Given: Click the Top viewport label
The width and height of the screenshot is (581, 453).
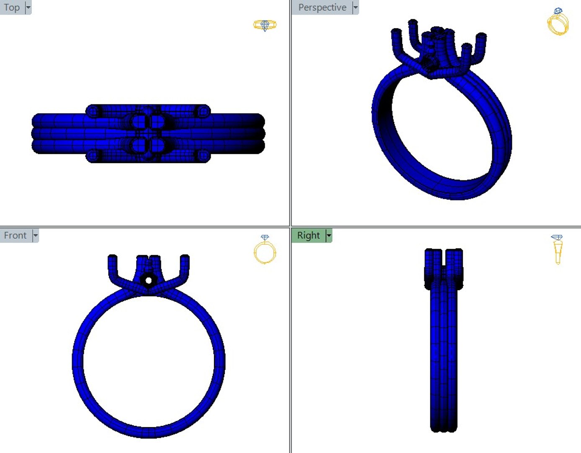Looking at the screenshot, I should click(12, 8).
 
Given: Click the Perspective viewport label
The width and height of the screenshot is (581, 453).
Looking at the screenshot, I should click(322, 8).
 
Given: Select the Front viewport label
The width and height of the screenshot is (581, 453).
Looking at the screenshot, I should click(15, 236).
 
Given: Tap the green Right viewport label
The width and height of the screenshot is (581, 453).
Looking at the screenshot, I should click(308, 236).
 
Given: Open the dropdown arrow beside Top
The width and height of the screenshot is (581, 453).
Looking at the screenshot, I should click(28, 8).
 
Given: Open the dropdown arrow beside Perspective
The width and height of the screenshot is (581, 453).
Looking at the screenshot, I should click(355, 8).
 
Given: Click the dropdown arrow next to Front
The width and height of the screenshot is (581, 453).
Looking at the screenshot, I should click(36, 236).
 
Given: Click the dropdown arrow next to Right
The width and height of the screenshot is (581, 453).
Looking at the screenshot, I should click(329, 236).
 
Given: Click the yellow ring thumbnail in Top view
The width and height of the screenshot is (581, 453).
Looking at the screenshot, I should click(265, 25).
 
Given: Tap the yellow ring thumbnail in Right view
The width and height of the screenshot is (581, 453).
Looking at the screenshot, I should click(558, 250).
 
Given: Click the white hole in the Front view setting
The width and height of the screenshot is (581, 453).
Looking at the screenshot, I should click(148, 281).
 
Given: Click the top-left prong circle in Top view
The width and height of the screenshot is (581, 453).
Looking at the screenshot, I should click(93, 112).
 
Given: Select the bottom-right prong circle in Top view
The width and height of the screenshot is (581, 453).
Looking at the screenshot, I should click(204, 156).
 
